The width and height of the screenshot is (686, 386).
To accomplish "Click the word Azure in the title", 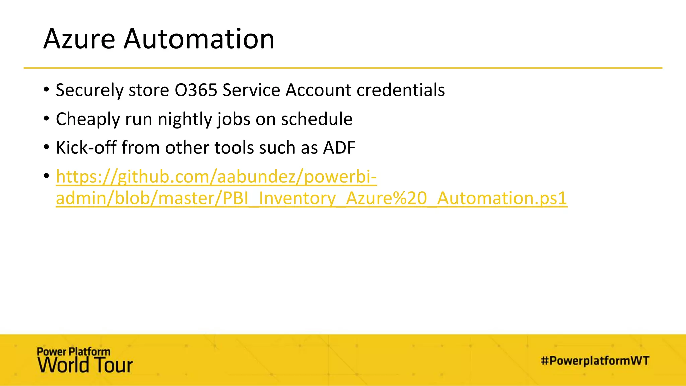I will (x=79, y=39).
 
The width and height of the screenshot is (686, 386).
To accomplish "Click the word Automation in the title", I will (x=199, y=39).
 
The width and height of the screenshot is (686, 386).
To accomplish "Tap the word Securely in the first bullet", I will (x=89, y=90).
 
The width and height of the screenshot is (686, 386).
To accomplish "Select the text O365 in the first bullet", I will (x=196, y=90).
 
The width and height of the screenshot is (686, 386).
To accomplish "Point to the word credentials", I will (x=401, y=90).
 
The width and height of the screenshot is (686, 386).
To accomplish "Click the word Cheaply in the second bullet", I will (x=88, y=119).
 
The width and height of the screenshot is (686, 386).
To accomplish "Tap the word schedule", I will (x=317, y=119).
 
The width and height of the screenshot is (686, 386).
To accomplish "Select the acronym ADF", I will (x=339, y=148).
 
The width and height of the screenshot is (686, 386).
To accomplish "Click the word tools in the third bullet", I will (x=234, y=148).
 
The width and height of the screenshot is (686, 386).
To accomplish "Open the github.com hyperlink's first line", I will (x=216, y=177).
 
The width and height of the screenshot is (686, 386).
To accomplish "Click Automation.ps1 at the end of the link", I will (x=502, y=198).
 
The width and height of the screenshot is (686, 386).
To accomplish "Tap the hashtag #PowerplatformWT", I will (x=595, y=361).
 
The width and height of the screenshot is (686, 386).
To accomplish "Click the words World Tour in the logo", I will (x=85, y=365).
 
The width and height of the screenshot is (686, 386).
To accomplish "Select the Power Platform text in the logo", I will (x=73, y=351).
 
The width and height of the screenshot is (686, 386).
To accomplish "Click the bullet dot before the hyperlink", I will (x=46, y=176).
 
